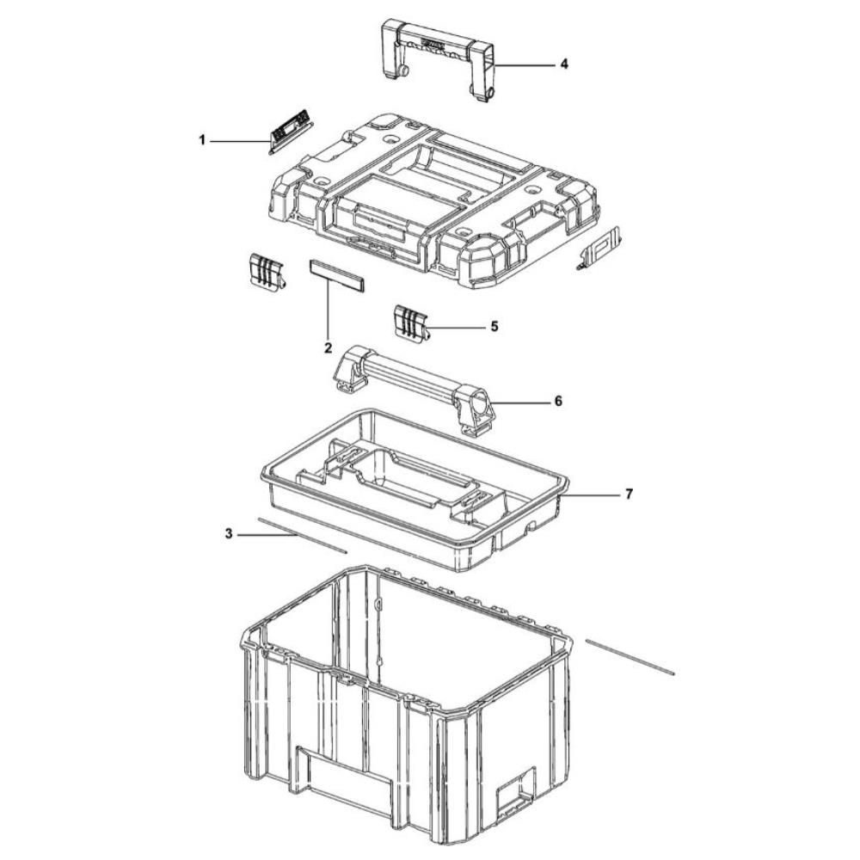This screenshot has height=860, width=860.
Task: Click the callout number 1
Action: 202,141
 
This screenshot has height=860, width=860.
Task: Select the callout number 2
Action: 328,347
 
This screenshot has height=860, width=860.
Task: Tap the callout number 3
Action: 229,533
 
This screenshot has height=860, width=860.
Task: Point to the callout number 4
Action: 564,64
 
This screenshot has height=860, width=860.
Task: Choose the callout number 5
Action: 494,326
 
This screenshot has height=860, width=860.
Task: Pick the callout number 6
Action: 558,402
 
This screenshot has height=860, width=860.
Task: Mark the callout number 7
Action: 629,494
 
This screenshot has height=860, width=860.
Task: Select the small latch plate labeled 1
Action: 290,131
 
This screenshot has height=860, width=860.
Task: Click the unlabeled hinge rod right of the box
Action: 630,656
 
